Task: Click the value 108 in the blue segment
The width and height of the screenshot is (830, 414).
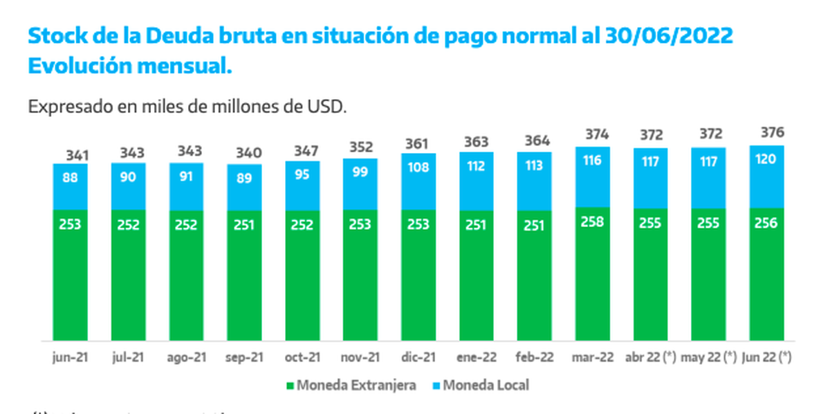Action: [418, 167]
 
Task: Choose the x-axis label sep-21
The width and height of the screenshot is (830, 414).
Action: [244, 359]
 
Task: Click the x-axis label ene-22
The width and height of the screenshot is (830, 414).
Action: [477, 359]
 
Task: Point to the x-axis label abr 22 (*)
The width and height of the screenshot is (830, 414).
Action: [650, 359]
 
